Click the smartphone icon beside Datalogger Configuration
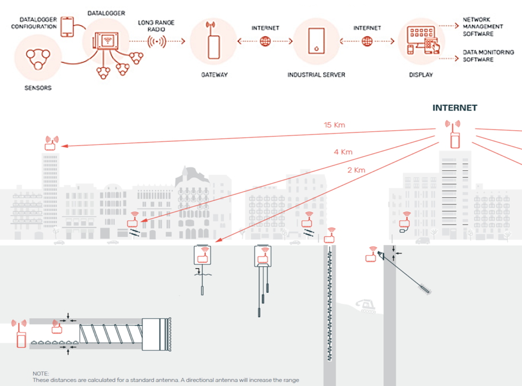tap(67, 27)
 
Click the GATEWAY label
tap(214, 75)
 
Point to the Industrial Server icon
tap(316, 41)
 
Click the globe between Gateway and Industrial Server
tap(265, 41)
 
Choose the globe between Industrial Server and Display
tap(367, 41)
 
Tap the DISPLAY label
tap(421, 75)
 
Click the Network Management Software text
tap(483, 26)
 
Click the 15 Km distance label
tap(334, 125)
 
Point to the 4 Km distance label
tap(343, 152)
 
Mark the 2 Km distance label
tap(356, 170)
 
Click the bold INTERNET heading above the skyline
tap(455, 108)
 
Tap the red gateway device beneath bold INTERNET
tap(455, 135)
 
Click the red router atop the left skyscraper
tap(51, 143)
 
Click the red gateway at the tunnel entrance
tap(20, 334)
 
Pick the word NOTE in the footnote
tap(41, 373)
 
